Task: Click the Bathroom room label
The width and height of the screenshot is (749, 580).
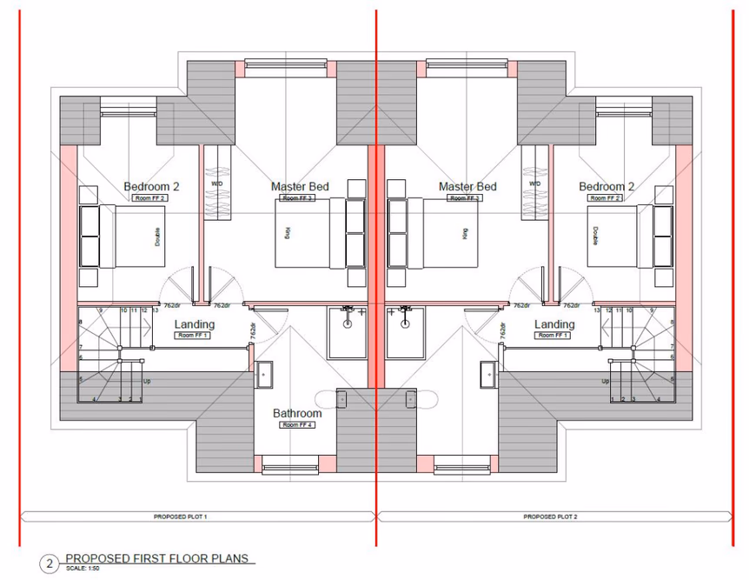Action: (x=298, y=413)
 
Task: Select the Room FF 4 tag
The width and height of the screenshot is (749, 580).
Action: (x=298, y=425)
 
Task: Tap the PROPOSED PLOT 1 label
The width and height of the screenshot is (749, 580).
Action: (x=187, y=517)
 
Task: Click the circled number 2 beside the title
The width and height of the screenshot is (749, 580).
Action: (x=50, y=563)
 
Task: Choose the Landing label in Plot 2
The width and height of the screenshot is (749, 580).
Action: (x=553, y=324)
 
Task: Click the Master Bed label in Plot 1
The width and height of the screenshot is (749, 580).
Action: (x=300, y=187)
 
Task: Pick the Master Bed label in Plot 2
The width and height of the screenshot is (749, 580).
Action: (x=467, y=187)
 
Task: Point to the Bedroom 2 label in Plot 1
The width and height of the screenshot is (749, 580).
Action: (x=151, y=187)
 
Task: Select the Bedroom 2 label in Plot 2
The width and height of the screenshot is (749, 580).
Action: (x=606, y=187)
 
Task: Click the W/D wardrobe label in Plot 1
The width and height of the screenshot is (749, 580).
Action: (x=216, y=183)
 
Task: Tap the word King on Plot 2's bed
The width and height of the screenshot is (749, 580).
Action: (x=465, y=233)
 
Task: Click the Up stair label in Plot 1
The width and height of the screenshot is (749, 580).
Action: (x=147, y=381)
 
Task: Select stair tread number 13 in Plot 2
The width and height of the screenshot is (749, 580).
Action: (x=597, y=310)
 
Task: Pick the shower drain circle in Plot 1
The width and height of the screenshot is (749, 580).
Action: (x=348, y=323)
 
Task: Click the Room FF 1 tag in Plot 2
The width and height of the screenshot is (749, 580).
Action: (x=553, y=335)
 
